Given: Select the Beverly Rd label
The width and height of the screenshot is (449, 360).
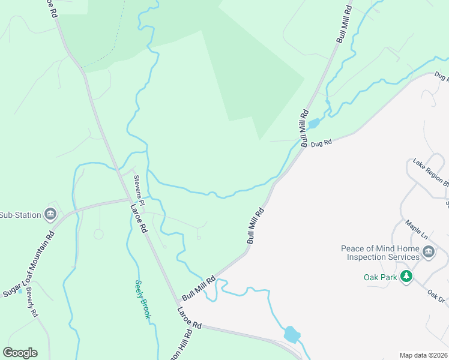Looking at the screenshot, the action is (x=31, y=304).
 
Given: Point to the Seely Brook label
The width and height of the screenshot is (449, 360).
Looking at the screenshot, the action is (x=142, y=299).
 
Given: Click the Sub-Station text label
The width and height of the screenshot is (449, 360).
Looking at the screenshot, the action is (x=20, y=215).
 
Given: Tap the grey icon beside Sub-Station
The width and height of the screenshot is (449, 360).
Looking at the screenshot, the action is (x=50, y=215).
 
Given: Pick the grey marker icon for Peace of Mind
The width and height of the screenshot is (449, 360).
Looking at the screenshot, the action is (x=428, y=253).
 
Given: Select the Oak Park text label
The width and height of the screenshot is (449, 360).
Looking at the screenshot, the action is (x=381, y=277).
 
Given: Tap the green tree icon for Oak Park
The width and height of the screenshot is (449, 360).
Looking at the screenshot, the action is (x=407, y=277).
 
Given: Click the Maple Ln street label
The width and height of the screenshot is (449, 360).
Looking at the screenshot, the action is (x=416, y=229).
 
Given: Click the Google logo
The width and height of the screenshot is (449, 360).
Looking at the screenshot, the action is (x=20, y=353).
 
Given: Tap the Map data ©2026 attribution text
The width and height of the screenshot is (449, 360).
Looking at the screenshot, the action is (x=423, y=355).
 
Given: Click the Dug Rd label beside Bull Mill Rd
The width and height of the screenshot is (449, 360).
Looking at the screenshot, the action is (x=322, y=143).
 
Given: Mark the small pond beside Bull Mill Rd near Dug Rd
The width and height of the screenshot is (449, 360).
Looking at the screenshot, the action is (x=313, y=124).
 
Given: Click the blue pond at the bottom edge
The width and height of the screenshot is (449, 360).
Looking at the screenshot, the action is (x=291, y=334).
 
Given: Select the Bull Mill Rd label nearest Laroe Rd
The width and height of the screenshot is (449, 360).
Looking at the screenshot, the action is (x=198, y=287).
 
